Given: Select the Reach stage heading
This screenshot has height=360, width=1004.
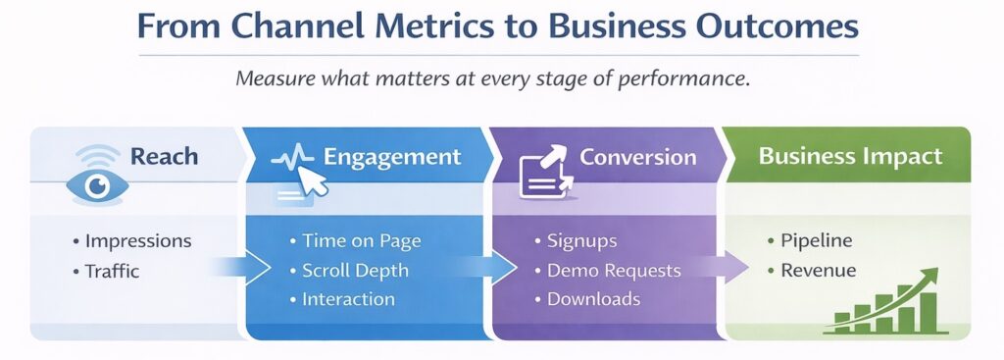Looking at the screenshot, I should pos(165,157).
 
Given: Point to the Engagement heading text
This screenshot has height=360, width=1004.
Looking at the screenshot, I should pos(392,157).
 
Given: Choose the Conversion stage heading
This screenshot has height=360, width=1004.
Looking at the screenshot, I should pos(637,157).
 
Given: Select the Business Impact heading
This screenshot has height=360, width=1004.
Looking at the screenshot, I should pos(850,156).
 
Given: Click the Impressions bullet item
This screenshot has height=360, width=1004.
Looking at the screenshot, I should pos(137,241).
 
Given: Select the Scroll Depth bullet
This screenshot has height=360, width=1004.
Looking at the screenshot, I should pos(355,271).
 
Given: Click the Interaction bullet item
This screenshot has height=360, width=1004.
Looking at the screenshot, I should pos(348,300).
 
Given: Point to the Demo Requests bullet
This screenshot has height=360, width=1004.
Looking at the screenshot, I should pos(612,271).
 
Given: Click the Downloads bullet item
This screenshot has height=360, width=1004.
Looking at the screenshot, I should pos(593,300).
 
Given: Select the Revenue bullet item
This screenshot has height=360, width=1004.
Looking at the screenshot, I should pos(818,271).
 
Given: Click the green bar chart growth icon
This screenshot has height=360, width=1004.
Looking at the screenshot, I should pos(887,303).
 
